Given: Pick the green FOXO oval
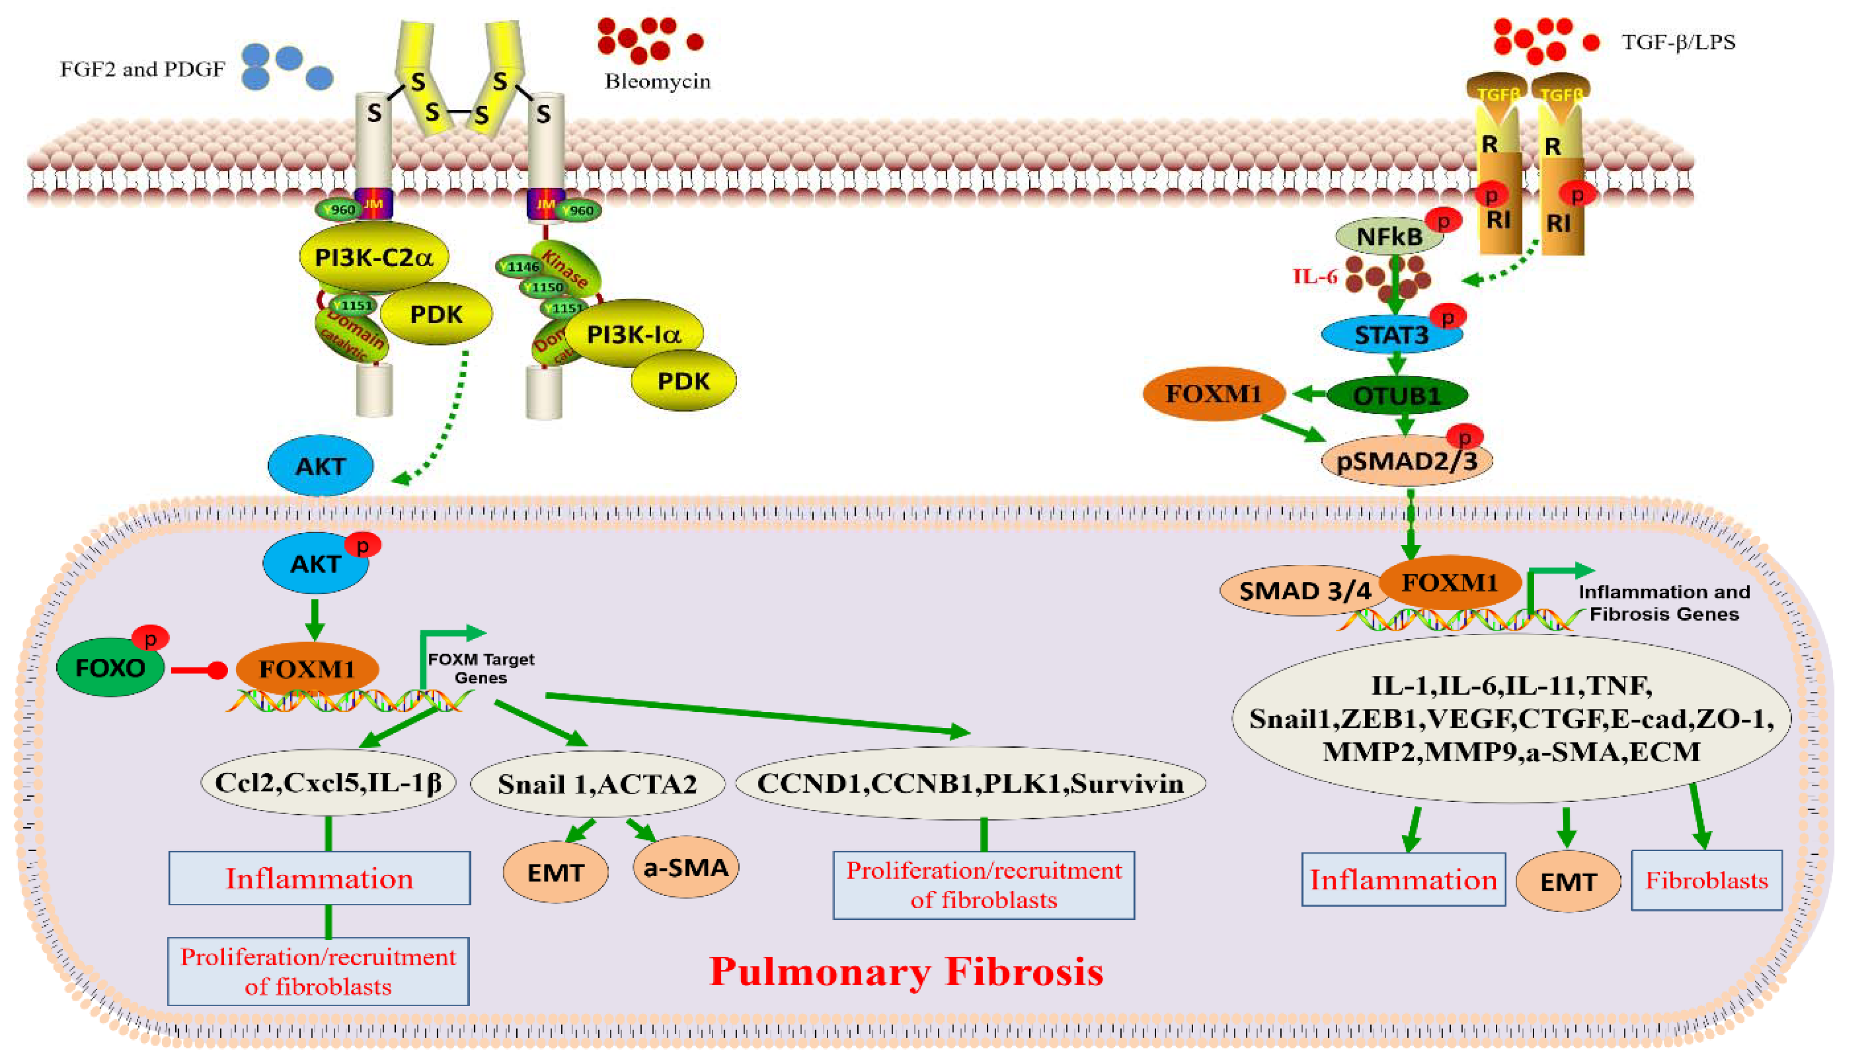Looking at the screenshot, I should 110,668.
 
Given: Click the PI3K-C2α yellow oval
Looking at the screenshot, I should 374,257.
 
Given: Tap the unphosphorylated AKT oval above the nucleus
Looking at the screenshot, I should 321,466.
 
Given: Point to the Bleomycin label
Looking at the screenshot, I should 657,81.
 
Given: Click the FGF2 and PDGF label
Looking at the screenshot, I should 143,70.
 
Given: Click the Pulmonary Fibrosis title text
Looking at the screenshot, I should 906,972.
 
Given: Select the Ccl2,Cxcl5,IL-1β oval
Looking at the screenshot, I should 328,783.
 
